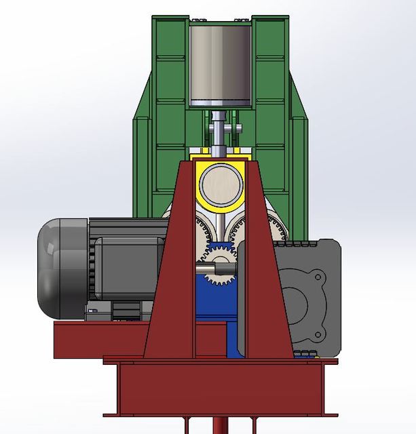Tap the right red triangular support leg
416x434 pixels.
[261, 285]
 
